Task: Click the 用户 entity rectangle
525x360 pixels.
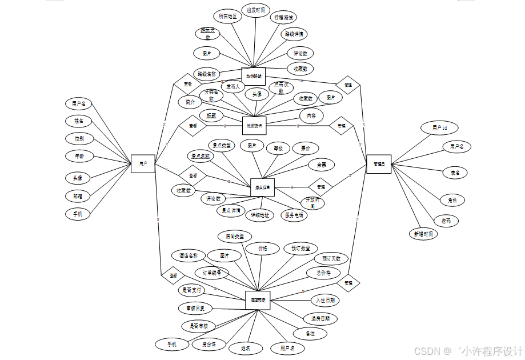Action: [x=143, y=164]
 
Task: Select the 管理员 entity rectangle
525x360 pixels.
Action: [x=378, y=164]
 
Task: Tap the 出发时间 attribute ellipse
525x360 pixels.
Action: [x=256, y=10]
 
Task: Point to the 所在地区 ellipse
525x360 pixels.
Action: [x=227, y=17]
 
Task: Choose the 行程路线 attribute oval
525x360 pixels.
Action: [x=284, y=17]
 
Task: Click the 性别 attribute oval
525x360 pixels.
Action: [x=79, y=138]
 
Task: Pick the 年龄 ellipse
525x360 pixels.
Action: [x=79, y=156]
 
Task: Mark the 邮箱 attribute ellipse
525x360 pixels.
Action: [x=78, y=196]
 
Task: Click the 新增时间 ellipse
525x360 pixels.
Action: [x=423, y=233]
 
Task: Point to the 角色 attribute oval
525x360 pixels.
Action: [x=452, y=200]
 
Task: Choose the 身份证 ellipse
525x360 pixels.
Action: [x=207, y=344]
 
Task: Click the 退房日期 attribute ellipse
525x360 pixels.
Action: [x=320, y=318]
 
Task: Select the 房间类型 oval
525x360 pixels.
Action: [x=234, y=236]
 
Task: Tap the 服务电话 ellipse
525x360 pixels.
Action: [x=295, y=215]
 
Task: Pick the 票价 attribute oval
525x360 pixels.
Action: [x=305, y=147]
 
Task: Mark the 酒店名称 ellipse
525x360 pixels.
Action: [x=189, y=255]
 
